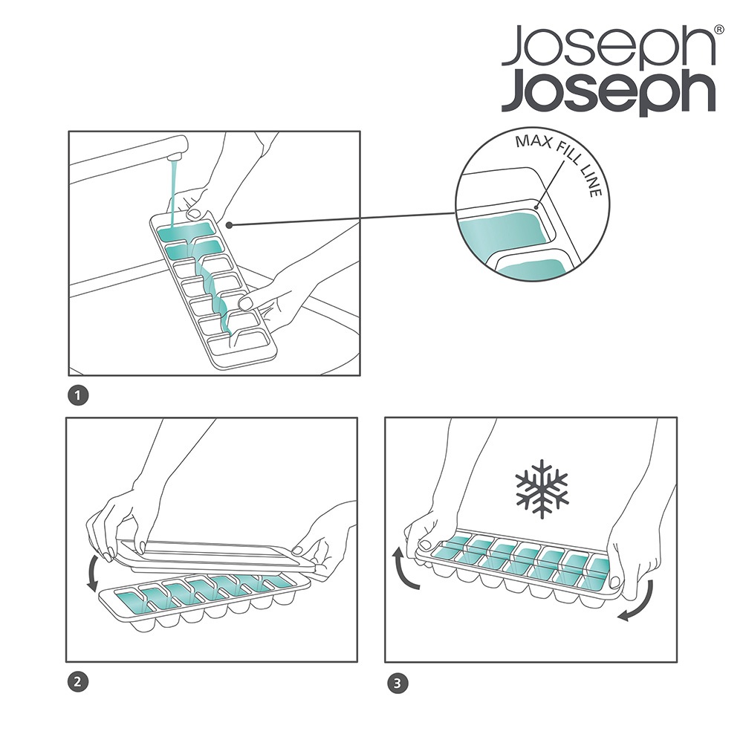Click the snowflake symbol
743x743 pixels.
(x=541, y=488)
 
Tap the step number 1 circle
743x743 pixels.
(x=78, y=396)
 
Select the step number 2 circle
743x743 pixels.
(x=78, y=682)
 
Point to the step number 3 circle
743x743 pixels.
(x=398, y=684)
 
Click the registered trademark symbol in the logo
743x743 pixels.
(x=718, y=30)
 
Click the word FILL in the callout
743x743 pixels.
(x=567, y=152)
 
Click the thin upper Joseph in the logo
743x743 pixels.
(x=608, y=46)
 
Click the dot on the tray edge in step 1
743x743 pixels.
(x=229, y=224)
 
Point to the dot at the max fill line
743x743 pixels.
(x=536, y=207)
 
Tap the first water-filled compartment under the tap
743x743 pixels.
(x=185, y=231)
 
